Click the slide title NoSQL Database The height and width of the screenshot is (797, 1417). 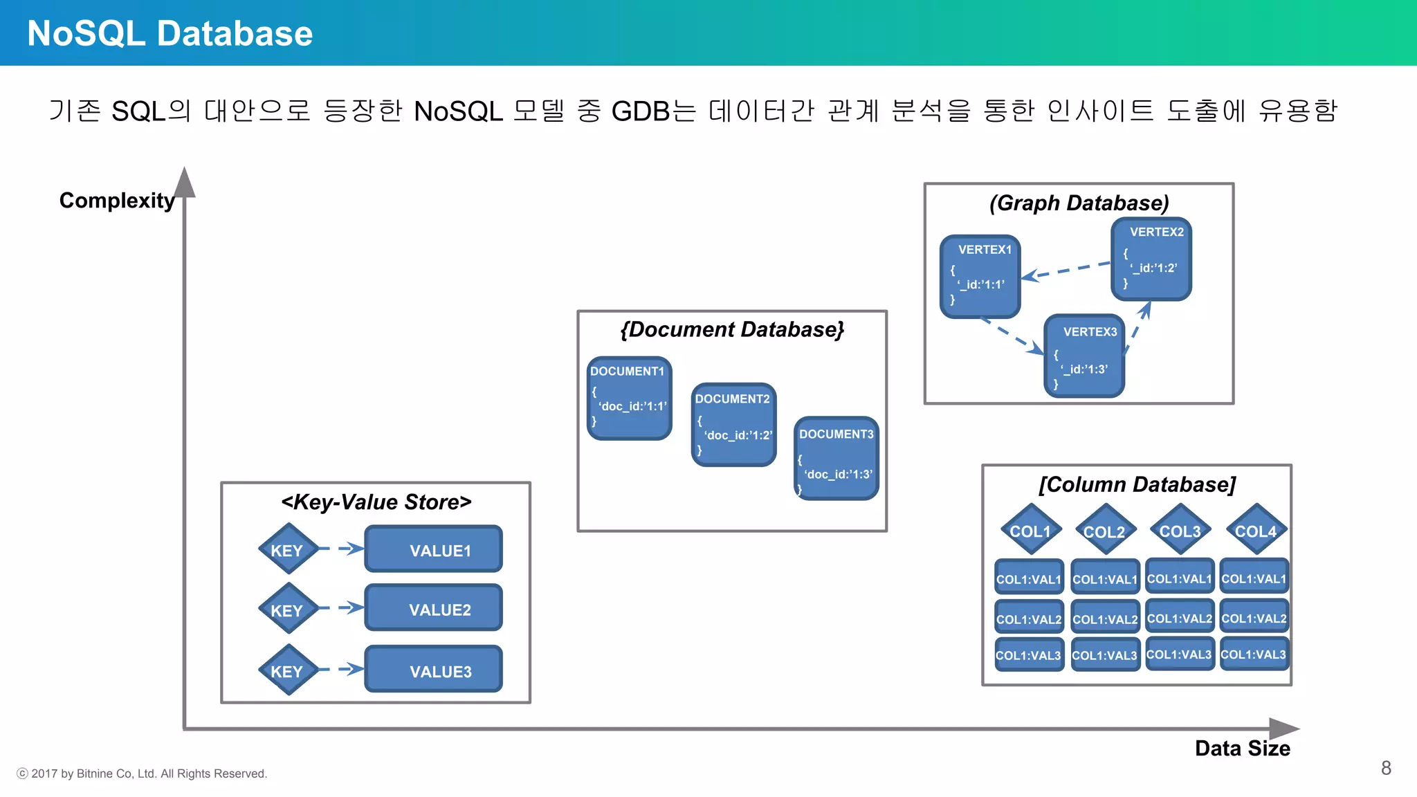[170, 33]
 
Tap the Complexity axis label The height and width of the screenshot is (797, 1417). [116, 200]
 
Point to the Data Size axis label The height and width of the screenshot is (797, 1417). [1242, 748]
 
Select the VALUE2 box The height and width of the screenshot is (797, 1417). [434, 608]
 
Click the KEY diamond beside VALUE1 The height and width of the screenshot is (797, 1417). [287, 550]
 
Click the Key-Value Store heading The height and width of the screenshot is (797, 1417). [376, 502]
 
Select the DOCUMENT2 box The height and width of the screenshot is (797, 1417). [733, 424]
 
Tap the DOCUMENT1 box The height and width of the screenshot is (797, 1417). [629, 398]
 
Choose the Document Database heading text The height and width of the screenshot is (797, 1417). [732, 329]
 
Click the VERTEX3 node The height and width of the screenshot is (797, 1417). [1084, 356]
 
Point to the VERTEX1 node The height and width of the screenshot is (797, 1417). [980, 276]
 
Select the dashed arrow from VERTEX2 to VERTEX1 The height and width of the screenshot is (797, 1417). [1066, 271]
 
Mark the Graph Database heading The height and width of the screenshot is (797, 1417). [1079, 203]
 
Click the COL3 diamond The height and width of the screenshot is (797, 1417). [1180, 531]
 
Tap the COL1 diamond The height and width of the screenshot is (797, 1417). [1030, 531]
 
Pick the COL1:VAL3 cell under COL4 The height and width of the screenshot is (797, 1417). [1253, 654]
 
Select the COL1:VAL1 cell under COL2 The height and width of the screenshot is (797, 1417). [1104, 578]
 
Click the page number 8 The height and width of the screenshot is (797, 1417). [1386, 768]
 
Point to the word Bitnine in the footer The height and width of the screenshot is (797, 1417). [95, 773]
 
